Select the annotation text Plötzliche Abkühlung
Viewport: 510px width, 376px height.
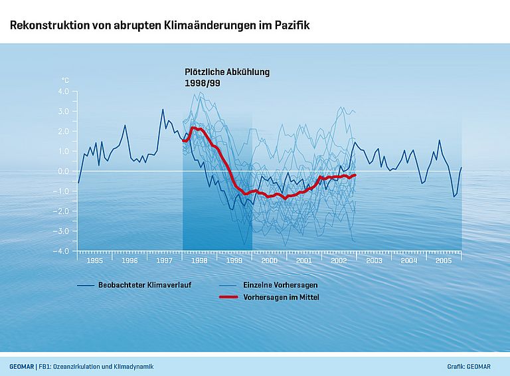pyautogui.click(x=227, y=72)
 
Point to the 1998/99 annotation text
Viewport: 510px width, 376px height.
pyautogui.click(x=202, y=83)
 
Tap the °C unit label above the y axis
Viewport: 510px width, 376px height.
pyautogui.click(x=65, y=80)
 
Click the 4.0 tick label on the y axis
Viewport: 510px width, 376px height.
pyautogui.click(x=63, y=92)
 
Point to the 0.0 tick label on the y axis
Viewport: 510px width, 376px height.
pyautogui.click(x=63, y=171)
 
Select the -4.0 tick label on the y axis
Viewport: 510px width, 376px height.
pyautogui.click(x=61, y=251)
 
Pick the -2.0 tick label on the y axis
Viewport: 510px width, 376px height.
pyautogui.click(x=61, y=211)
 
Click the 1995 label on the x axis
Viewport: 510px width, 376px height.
pyautogui.click(x=95, y=260)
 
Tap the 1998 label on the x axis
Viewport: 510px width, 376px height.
pyautogui.click(x=199, y=260)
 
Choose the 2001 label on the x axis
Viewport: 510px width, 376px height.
pyautogui.click(x=304, y=260)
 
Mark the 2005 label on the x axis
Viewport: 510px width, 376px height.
pyautogui.click(x=444, y=260)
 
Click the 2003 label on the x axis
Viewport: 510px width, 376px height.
pyautogui.click(x=374, y=260)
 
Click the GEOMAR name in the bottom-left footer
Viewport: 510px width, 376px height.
pyautogui.click(x=22, y=366)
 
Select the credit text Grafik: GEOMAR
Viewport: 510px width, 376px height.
pyautogui.click(x=473, y=366)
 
